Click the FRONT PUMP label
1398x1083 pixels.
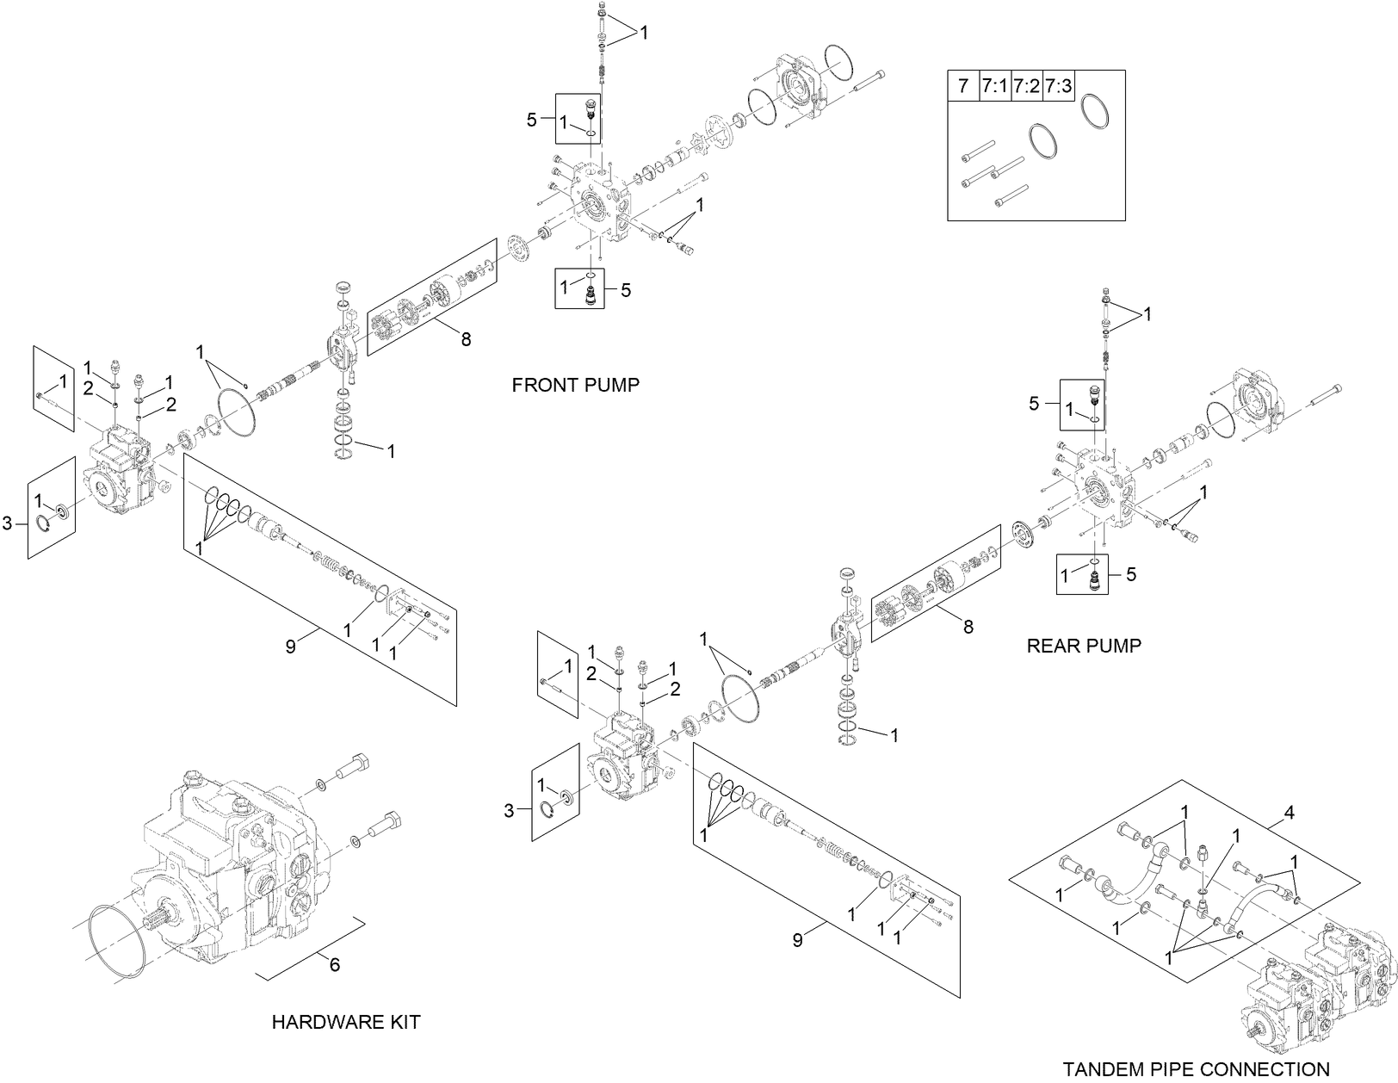tap(575, 385)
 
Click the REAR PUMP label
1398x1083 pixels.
tap(1084, 646)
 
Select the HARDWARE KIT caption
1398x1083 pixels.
tap(346, 1022)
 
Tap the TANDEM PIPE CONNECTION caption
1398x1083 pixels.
tap(1196, 1069)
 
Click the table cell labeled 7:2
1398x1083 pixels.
tap(1026, 86)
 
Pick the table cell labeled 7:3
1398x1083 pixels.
tap(1058, 86)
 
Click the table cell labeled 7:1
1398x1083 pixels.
tap(994, 86)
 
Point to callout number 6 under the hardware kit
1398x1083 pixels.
tap(335, 965)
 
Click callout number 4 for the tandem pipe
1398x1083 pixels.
tap(1289, 813)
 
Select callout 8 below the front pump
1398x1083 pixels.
tap(466, 339)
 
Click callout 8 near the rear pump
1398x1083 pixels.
tap(968, 628)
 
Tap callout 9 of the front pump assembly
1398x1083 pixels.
tap(291, 646)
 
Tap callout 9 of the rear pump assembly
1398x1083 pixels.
tap(797, 940)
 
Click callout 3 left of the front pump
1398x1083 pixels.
tap(8, 523)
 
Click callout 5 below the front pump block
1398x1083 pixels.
tap(626, 290)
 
